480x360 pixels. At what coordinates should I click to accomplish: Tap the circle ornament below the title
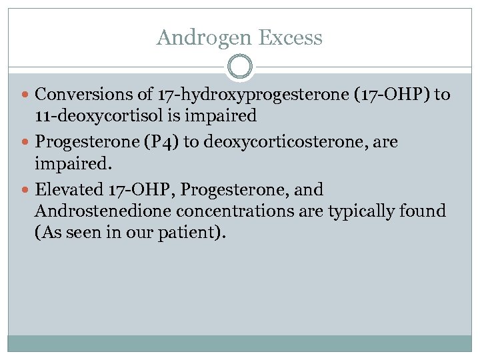(240, 67)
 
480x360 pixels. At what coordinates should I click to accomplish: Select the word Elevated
(68, 190)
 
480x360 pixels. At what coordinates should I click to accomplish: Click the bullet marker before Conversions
(25, 95)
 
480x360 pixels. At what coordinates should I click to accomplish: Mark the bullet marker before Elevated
(25, 190)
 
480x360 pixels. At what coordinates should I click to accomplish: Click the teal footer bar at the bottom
(240, 343)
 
